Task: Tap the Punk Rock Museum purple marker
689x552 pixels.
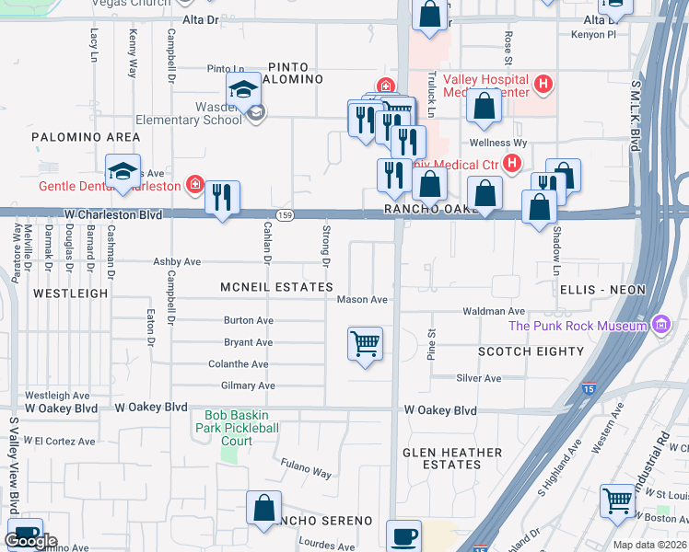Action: pos(659,325)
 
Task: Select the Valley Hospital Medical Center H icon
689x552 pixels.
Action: pos(543,86)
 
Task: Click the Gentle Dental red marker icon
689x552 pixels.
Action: pos(193,185)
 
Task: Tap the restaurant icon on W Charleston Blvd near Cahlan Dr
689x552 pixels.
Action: pos(222,198)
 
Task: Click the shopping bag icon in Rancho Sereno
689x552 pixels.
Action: pos(263,509)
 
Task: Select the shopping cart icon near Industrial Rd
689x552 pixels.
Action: pos(617,501)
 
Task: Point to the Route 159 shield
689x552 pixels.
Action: pos(287,214)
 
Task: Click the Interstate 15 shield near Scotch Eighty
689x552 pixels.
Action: pos(588,390)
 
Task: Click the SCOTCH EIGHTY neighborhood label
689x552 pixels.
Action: pos(531,351)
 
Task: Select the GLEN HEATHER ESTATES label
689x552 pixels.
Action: pos(451,458)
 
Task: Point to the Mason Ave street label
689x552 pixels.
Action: pos(362,300)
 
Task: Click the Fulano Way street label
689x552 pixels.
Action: pos(306,472)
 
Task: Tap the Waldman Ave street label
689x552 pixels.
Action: pos(496,312)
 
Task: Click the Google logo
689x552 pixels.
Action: pos(30,541)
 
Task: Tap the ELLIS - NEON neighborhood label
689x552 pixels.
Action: pos(602,289)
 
